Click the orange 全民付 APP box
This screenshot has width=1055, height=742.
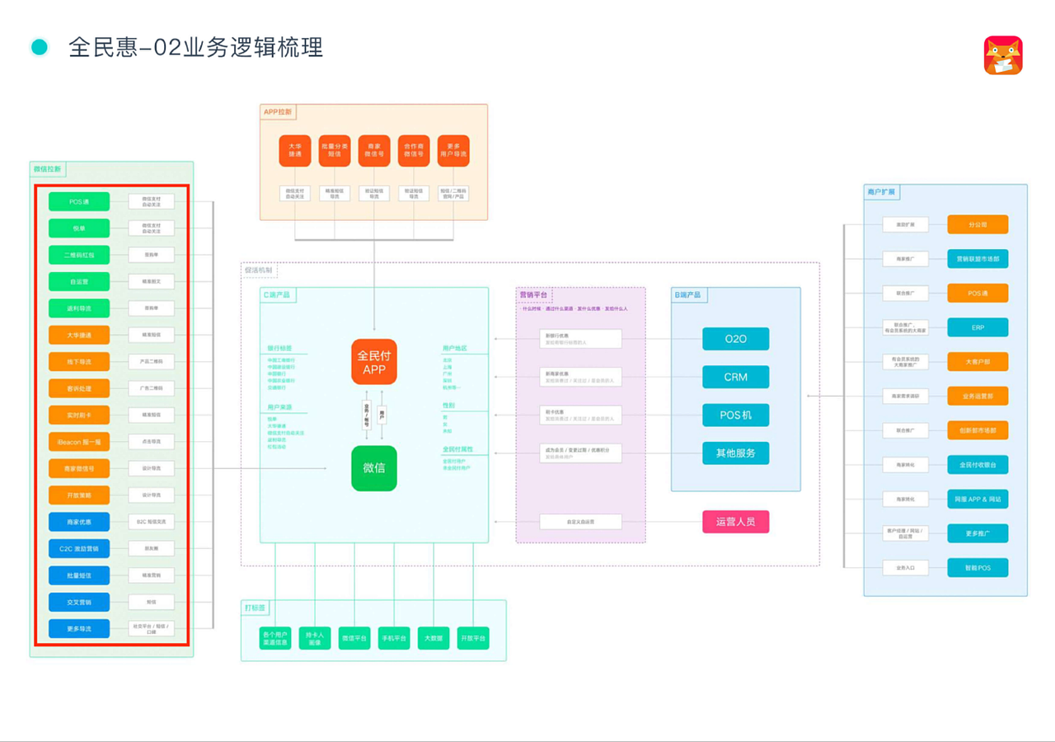(373, 362)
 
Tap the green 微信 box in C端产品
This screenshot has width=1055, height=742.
(373, 468)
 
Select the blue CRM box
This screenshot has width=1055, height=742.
(735, 377)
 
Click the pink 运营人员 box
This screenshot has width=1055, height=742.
(735, 522)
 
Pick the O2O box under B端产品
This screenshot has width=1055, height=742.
(735, 339)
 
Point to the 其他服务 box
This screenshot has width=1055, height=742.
(735, 453)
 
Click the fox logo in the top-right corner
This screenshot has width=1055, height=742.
(1003, 55)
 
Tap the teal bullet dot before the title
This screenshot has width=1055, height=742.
(40, 47)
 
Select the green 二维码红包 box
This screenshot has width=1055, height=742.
(79, 256)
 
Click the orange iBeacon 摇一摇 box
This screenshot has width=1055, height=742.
(79, 442)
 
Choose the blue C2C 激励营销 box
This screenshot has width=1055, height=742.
(79, 548)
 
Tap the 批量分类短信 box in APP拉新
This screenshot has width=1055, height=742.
(335, 151)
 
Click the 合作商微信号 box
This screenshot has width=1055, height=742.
(414, 151)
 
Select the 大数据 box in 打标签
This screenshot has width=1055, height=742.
(434, 638)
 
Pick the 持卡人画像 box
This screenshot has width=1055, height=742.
(315, 638)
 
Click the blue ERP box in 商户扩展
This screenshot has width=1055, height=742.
(978, 327)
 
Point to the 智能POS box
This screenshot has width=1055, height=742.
(978, 568)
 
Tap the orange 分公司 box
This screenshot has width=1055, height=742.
(978, 224)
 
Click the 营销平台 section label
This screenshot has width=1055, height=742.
(534, 295)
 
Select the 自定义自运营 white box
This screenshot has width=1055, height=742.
(580, 522)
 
